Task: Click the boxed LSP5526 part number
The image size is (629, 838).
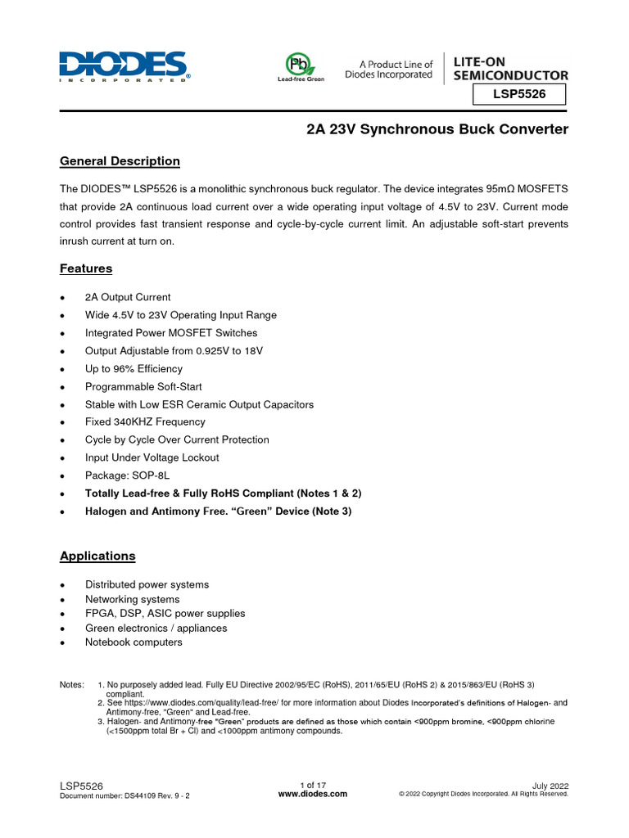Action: click(519, 95)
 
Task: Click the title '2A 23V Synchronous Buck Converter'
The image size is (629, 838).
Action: click(437, 130)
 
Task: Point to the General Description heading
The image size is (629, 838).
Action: click(120, 161)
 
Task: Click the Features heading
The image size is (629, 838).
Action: click(86, 268)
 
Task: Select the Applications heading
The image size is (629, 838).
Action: click(97, 556)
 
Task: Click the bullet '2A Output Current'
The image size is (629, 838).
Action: click(128, 298)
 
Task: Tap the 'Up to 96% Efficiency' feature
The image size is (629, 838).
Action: click(133, 369)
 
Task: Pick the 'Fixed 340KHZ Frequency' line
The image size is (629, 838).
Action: click(145, 422)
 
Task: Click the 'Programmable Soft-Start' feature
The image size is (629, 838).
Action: click(143, 387)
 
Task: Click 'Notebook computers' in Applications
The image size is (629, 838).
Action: click(133, 642)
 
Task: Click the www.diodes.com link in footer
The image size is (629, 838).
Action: click(313, 794)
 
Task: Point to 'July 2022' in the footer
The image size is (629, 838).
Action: click(550, 785)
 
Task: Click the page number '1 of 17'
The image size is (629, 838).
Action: click(314, 784)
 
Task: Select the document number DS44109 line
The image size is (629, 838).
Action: click(125, 795)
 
